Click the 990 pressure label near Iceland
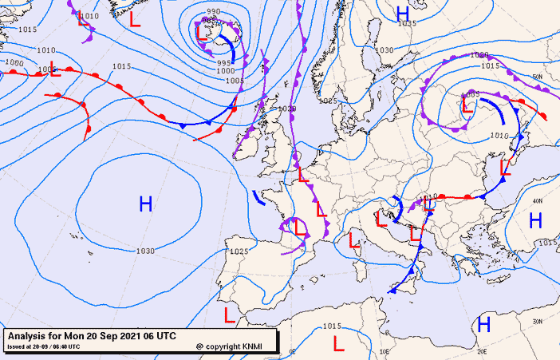[213, 12]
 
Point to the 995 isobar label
[224, 62]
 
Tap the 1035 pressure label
[407, 23]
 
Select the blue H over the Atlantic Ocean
[146, 204]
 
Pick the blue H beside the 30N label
[483, 323]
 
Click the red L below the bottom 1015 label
[338, 344]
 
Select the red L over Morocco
[230, 315]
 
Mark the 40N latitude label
[539, 202]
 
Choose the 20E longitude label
[481, 350]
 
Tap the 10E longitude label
[384, 350]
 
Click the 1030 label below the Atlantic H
[145, 251]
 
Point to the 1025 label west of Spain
[238, 251]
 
